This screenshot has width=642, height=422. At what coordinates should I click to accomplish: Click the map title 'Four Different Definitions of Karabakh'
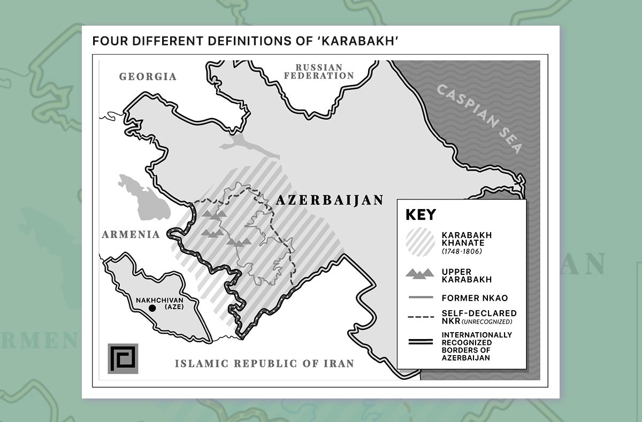click(246, 42)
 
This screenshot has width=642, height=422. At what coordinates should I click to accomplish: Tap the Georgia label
click(148, 76)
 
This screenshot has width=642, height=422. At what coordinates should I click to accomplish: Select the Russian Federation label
click(319, 71)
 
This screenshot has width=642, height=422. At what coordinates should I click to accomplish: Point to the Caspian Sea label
click(479, 118)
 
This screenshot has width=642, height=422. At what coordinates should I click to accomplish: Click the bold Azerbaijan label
click(330, 200)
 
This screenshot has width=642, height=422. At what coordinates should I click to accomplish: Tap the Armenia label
click(131, 234)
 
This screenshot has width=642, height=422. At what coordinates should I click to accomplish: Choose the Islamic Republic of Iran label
click(264, 364)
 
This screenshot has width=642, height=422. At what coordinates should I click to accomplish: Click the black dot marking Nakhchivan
click(152, 308)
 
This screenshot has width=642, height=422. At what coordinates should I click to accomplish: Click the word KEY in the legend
click(421, 215)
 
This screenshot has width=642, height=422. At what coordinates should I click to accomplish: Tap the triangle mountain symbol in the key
click(419, 274)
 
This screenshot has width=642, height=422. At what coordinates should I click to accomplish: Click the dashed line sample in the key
click(419, 317)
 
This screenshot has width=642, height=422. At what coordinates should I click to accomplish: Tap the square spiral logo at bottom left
click(124, 358)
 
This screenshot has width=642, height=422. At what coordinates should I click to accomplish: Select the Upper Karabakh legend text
click(467, 275)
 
